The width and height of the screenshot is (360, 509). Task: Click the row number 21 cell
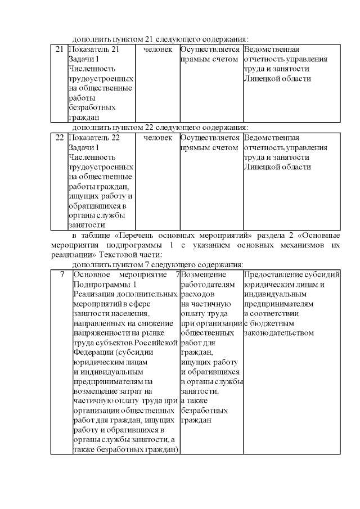[59, 49]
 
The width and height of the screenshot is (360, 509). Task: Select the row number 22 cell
[59, 137]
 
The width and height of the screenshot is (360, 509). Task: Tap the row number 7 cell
[61, 274]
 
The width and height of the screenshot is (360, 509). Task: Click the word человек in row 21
[157, 49]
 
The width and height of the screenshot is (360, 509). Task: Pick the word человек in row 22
[157, 137]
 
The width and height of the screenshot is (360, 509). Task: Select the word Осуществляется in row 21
[210, 49]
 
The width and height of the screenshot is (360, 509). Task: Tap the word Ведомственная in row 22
[273, 137]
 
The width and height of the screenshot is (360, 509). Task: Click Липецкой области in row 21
[277, 79]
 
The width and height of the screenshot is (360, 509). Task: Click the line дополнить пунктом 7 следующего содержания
[158, 264]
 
